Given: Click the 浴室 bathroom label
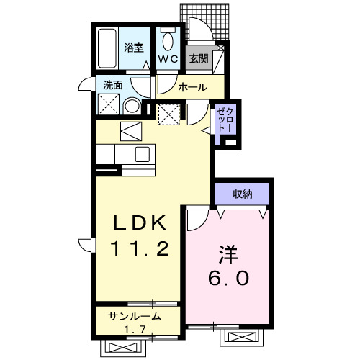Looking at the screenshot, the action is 134,48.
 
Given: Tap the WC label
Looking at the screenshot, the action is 168,59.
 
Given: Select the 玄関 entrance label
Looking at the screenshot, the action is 199,58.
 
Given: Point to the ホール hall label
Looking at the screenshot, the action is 193,87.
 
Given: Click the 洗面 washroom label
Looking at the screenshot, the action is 113,85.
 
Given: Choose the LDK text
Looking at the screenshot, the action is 140,223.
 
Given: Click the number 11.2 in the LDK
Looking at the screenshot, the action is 140,248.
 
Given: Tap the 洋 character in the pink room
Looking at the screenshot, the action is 228,254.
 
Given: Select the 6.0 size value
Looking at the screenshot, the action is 228,278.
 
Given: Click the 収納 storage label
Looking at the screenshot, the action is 243,194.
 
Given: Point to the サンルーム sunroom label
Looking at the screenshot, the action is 135,316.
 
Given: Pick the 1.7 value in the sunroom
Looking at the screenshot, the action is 135,330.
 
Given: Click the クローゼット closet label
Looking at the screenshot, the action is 225,120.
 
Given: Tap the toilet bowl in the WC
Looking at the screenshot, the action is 168,42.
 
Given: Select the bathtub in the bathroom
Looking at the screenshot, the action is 107,49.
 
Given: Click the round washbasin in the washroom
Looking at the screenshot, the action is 132,106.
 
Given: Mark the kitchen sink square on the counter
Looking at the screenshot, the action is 143,154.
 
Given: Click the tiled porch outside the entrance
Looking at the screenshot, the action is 204,22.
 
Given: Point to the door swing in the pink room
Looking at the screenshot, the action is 198,220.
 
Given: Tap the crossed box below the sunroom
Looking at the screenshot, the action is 122,348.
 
